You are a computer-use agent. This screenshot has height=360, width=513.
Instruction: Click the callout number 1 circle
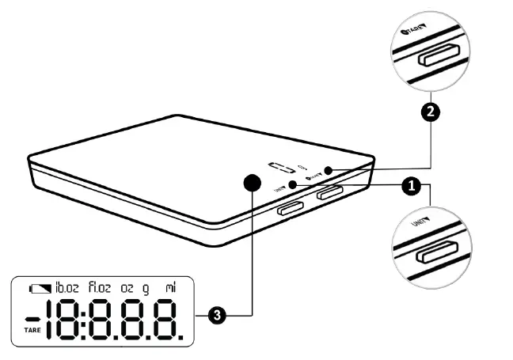(x=410, y=188)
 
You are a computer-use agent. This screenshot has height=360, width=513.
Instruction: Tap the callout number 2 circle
(x=430, y=112)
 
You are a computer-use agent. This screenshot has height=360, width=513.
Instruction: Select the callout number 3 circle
(x=218, y=316)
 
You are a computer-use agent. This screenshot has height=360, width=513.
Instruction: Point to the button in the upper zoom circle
(x=437, y=57)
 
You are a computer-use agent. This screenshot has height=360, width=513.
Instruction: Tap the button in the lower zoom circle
(x=436, y=253)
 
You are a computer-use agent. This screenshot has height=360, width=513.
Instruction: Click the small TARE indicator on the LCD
(x=32, y=329)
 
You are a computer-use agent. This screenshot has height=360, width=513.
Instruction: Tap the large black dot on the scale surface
(x=252, y=184)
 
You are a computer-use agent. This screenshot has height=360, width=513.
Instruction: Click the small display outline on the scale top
(x=281, y=169)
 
